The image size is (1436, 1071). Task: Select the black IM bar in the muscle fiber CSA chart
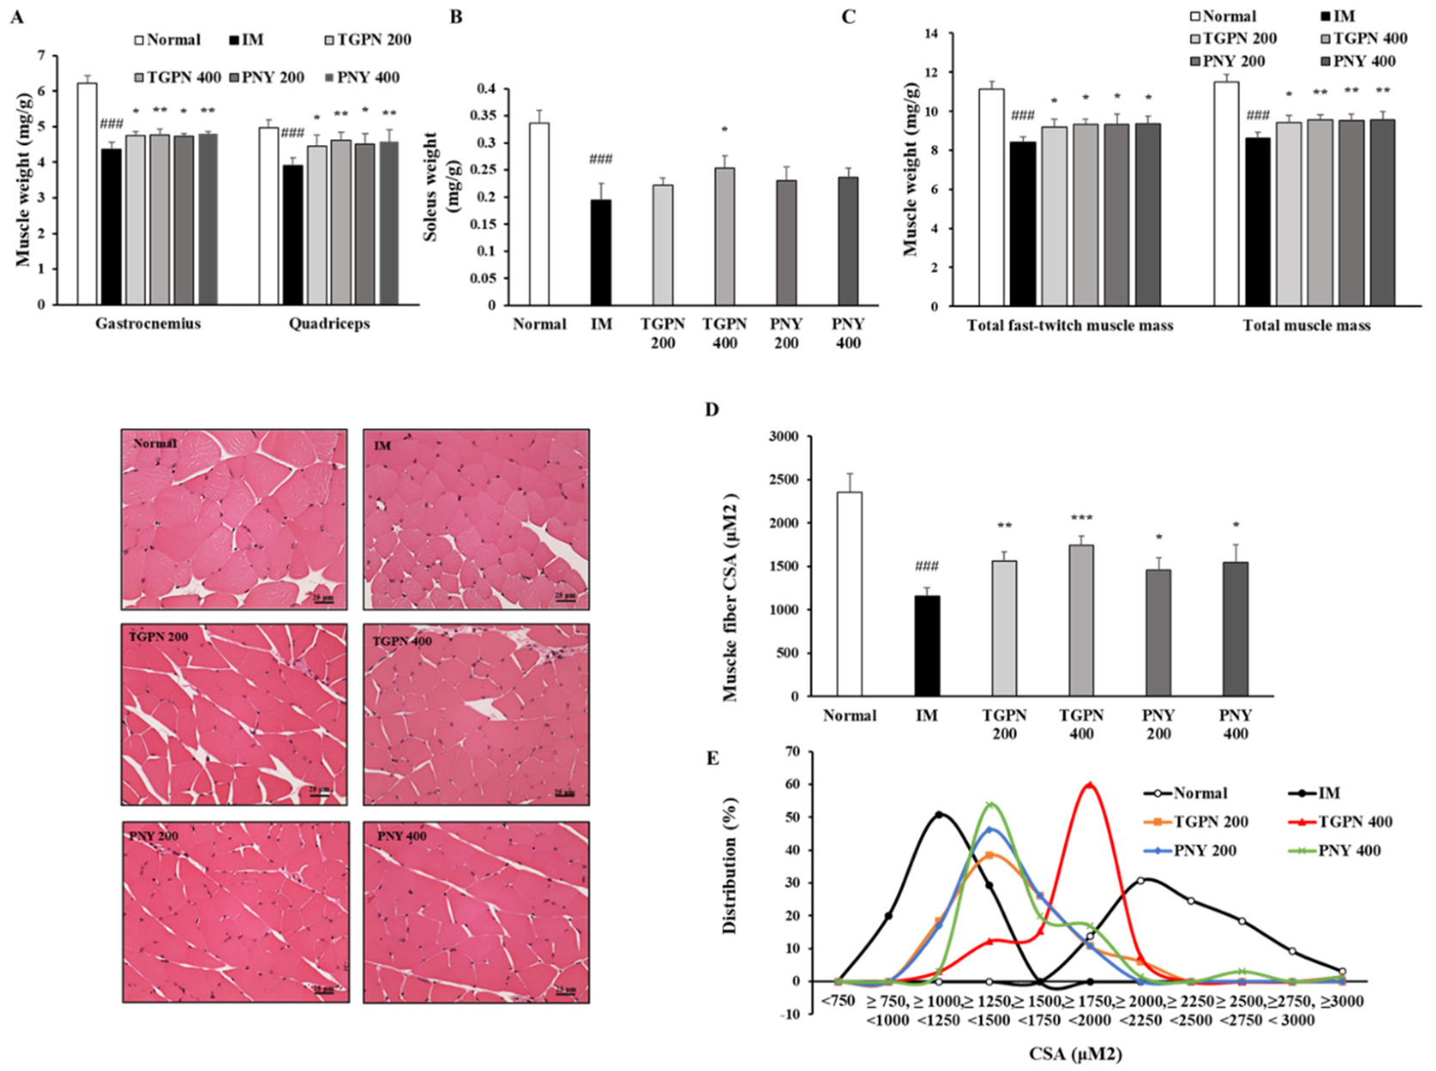coord(927,645)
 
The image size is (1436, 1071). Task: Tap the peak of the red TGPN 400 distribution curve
coord(1089,784)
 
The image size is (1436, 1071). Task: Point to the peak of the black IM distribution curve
coord(939,814)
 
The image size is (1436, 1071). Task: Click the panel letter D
coord(711,409)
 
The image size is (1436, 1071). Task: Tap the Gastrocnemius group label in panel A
coord(148,324)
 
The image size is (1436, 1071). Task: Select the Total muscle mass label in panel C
coord(1306,326)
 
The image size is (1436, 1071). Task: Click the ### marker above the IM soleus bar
coord(600,159)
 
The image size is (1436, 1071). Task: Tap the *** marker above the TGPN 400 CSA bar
coord(1081,518)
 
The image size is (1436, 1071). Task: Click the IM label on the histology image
coord(383,445)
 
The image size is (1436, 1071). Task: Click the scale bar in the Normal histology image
coord(323,599)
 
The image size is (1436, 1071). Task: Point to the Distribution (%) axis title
coord(730,866)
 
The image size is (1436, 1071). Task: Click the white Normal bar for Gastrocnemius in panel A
coord(87,194)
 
